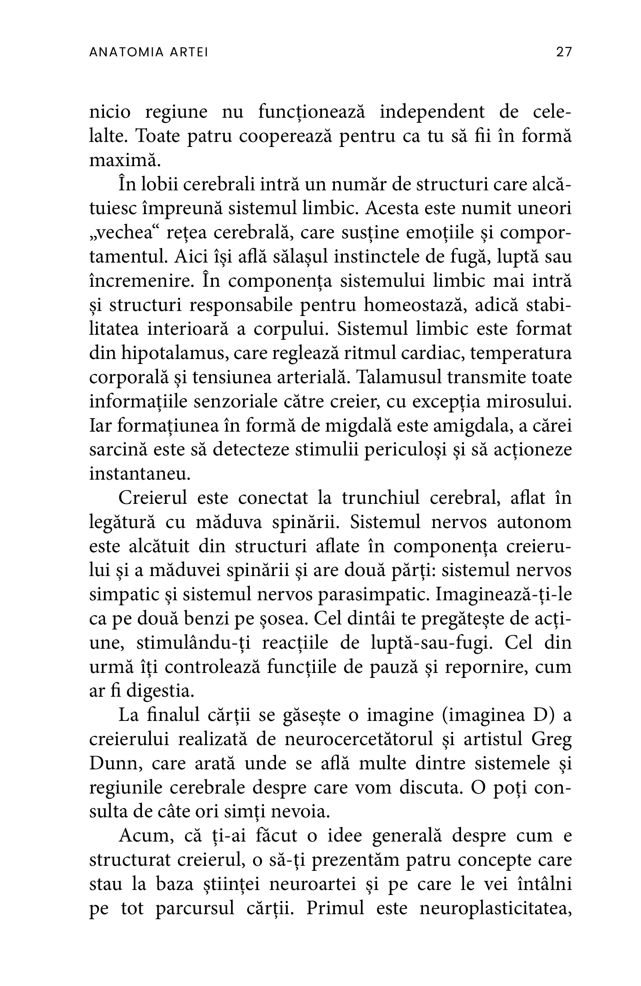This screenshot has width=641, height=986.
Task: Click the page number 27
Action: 563,52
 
